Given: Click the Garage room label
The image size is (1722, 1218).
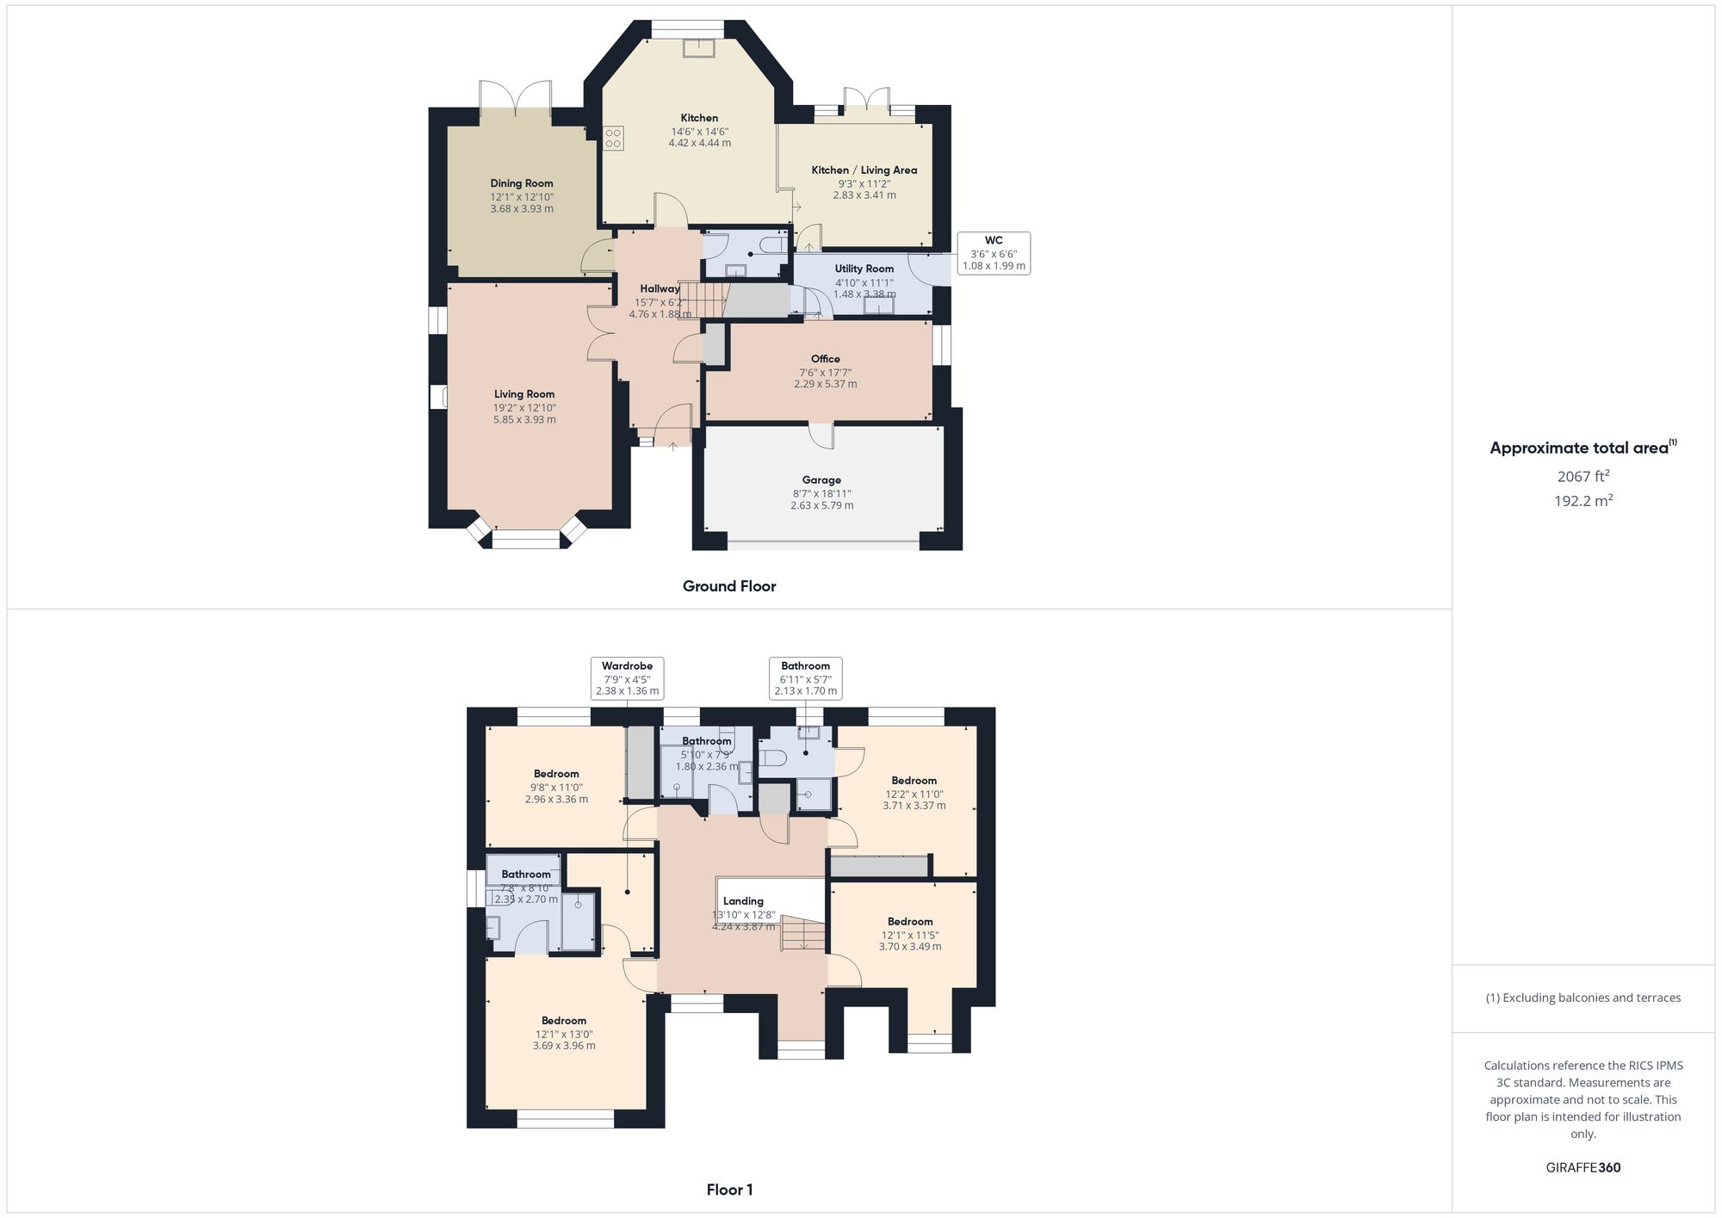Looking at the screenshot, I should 821,480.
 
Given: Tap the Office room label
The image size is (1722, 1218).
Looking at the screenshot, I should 825,359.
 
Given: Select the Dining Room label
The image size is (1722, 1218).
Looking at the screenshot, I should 522,183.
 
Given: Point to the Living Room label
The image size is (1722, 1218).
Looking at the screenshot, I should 524,394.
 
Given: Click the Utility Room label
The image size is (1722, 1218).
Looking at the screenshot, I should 864,269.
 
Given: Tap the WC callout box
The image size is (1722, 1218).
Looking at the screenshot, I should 994,253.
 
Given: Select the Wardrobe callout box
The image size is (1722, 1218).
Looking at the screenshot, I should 627,678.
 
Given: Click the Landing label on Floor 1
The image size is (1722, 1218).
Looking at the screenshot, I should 743,901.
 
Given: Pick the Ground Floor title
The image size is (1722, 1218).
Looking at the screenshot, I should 729,586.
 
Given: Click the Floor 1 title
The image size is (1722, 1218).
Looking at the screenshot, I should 729,1190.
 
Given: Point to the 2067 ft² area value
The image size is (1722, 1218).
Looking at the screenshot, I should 1583,476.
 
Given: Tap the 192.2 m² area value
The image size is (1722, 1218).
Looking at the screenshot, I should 1583,501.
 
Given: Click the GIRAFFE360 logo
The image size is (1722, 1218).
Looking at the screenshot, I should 1583,1168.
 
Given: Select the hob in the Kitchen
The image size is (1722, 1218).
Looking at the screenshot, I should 613,138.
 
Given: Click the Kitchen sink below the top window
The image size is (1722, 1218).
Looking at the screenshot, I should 698,48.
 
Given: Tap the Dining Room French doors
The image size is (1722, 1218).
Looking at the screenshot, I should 515,100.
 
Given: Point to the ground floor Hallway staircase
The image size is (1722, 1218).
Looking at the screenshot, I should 700,299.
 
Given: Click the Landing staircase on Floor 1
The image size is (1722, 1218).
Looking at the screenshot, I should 802,933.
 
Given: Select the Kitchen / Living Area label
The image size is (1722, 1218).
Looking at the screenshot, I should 864,170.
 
